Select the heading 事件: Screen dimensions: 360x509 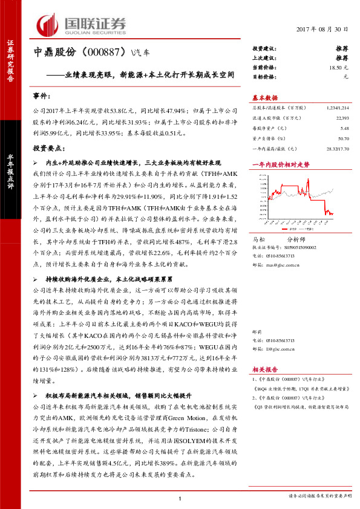tap(43, 96)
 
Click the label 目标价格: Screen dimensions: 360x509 tap(264, 77)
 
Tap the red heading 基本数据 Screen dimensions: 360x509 tap(265, 98)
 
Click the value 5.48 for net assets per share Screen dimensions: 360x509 tap(345, 128)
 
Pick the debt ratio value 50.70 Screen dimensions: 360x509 tap(343, 138)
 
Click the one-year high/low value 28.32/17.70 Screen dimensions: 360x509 tap(338, 148)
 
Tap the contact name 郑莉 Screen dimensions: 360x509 tap(257, 331)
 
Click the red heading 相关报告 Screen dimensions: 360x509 tap(264, 369)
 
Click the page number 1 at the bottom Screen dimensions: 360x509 tap(180, 498)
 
